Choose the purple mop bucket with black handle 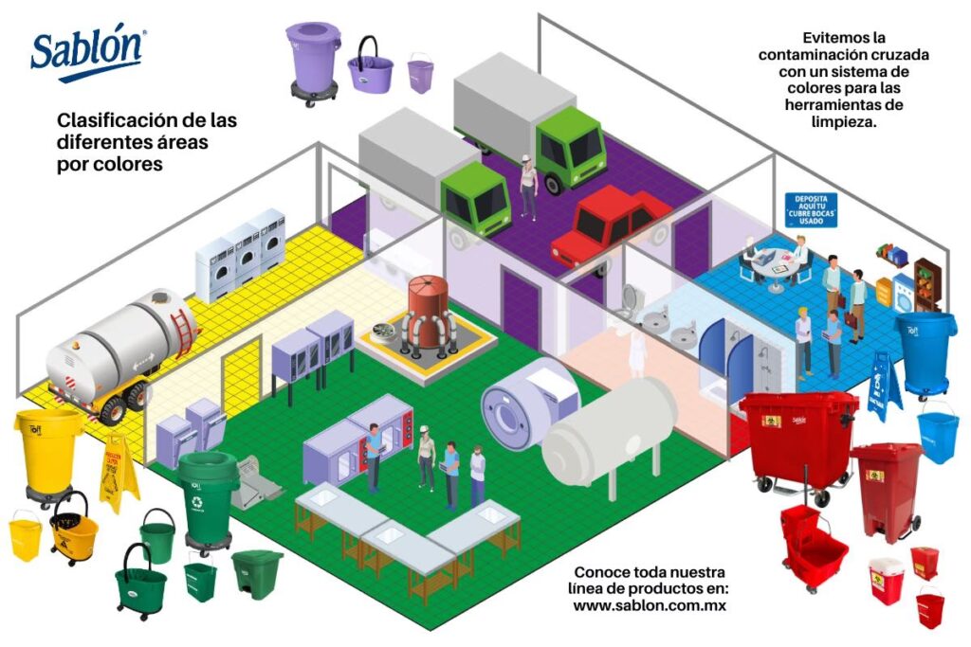370,68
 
